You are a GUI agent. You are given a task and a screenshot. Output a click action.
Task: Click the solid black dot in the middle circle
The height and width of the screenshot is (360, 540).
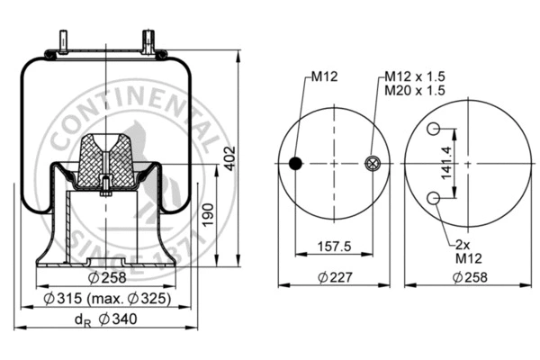pyautogui.click(x=295, y=163)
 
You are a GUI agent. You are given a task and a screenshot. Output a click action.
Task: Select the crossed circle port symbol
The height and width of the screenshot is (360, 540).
pyautogui.click(x=374, y=163)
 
